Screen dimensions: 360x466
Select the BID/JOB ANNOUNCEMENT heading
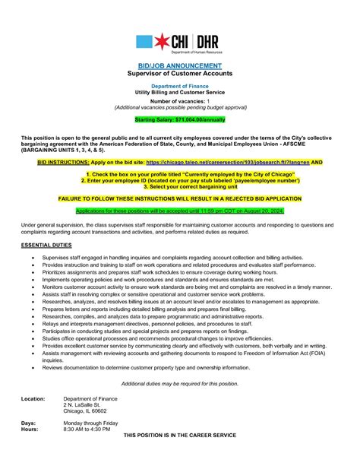point(179,66)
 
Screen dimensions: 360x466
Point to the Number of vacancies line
point(179,101)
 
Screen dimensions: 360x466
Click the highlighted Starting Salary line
point(179,119)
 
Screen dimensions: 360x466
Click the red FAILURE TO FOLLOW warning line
point(179,196)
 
